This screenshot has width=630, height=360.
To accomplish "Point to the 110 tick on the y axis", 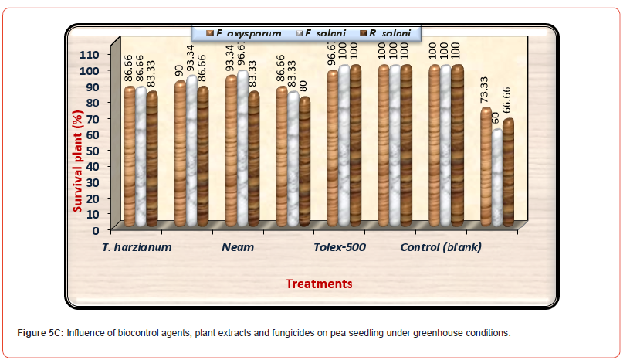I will click(90, 54).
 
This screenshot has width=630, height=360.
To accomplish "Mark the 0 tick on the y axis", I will click(96, 229).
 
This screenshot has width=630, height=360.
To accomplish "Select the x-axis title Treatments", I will click(319, 284).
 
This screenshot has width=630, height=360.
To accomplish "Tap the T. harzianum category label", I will click(137, 247).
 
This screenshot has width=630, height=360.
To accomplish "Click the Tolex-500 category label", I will click(339, 247).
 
